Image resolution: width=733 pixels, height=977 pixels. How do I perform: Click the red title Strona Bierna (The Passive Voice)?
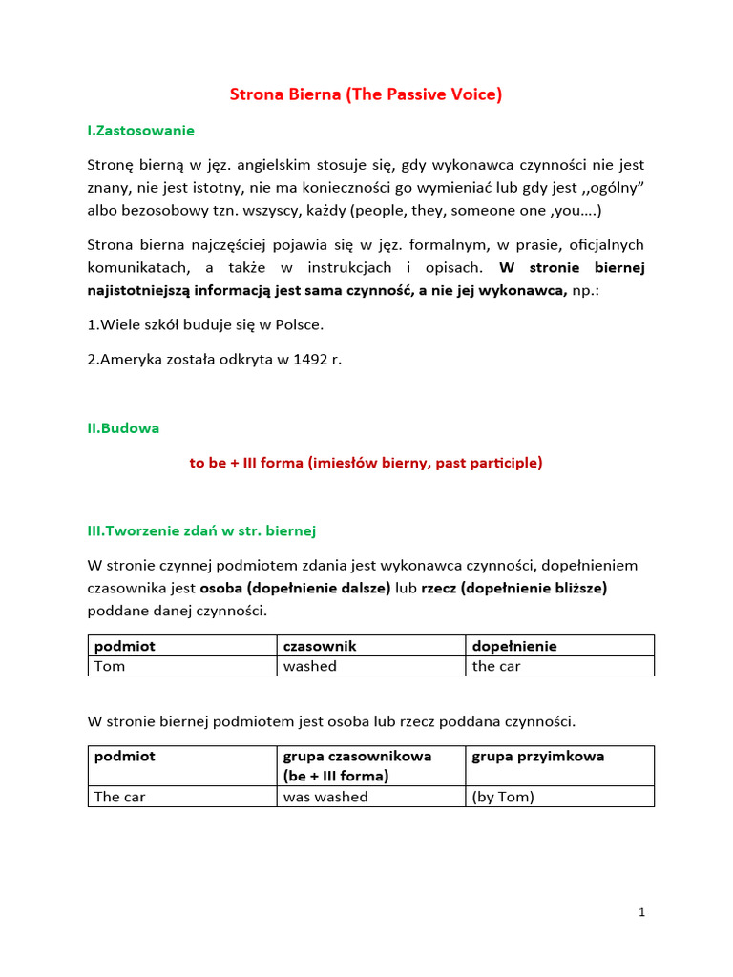click(366, 94)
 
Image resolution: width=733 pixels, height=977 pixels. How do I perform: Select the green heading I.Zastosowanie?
click(140, 130)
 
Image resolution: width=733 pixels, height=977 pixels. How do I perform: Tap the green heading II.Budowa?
click(123, 428)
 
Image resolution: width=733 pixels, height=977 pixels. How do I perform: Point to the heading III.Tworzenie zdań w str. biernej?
click(201, 530)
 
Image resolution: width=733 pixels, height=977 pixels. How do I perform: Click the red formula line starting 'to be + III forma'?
click(366, 463)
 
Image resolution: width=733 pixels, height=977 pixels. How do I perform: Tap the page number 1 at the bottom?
click(642, 912)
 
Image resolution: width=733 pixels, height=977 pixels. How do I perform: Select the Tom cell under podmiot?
click(110, 666)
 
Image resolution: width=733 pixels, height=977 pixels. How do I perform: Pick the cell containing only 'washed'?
click(310, 666)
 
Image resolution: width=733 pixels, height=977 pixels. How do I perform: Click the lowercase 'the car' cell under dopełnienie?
click(496, 666)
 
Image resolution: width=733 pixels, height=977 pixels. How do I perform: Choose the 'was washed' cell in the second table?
click(325, 797)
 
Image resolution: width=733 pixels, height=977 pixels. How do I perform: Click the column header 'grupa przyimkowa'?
click(538, 757)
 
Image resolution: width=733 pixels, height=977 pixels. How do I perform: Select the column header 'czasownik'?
click(320, 646)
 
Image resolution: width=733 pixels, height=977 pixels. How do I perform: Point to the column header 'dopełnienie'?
click(514, 646)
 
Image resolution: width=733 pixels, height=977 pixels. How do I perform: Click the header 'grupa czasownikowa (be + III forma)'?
click(357, 766)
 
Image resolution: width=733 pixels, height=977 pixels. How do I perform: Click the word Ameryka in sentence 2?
click(130, 360)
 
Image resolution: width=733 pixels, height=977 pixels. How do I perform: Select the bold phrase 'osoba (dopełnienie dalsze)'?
click(295, 589)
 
